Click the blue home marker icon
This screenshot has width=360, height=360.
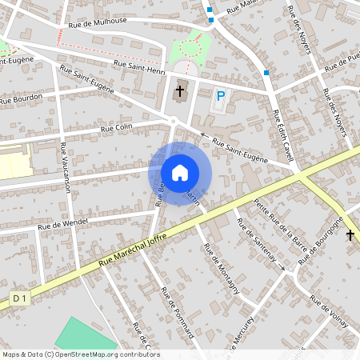point(180,172)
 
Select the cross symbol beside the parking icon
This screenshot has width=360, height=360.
point(180,91)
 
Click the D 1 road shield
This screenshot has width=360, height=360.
point(20,298)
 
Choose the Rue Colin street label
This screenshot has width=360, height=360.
point(116,128)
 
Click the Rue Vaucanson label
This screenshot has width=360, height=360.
point(65,167)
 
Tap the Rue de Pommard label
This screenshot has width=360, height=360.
point(178,313)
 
